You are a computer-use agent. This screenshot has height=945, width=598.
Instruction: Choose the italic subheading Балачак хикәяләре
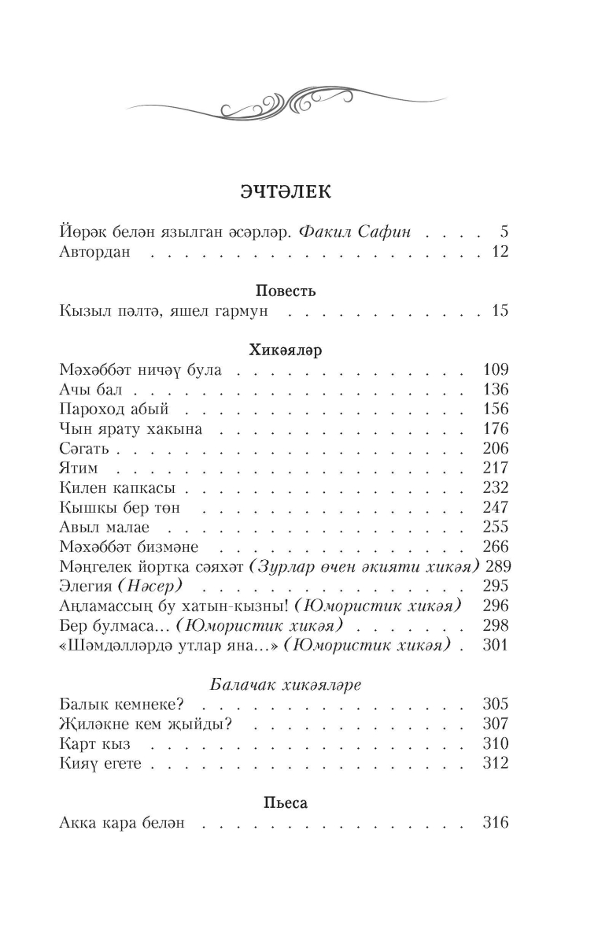286,684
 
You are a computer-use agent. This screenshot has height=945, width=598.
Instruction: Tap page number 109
496,369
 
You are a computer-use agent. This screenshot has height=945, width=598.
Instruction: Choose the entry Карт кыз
94,743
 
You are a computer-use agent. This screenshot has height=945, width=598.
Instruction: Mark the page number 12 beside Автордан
500,252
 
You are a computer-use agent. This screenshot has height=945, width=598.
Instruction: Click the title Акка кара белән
122,823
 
